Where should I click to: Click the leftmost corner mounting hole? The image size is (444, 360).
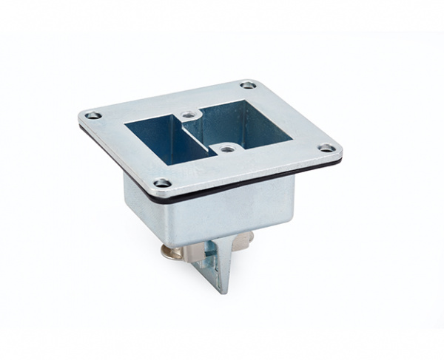click(92, 115)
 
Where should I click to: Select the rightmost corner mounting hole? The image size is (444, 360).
click(326, 149)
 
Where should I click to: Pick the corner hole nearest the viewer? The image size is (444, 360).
click(163, 183)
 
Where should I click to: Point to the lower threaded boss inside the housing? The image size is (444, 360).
click(227, 148)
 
